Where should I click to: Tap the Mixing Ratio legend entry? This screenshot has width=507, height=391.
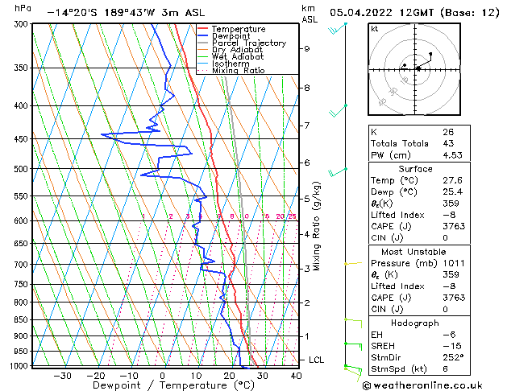(x=239, y=71)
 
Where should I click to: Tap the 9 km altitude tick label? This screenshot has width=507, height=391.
(x=307, y=48)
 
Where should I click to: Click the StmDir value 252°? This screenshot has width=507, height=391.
(x=453, y=357)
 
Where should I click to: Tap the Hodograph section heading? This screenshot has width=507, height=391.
(x=416, y=323)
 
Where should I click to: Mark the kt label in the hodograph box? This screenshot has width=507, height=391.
(x=375, y=28)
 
